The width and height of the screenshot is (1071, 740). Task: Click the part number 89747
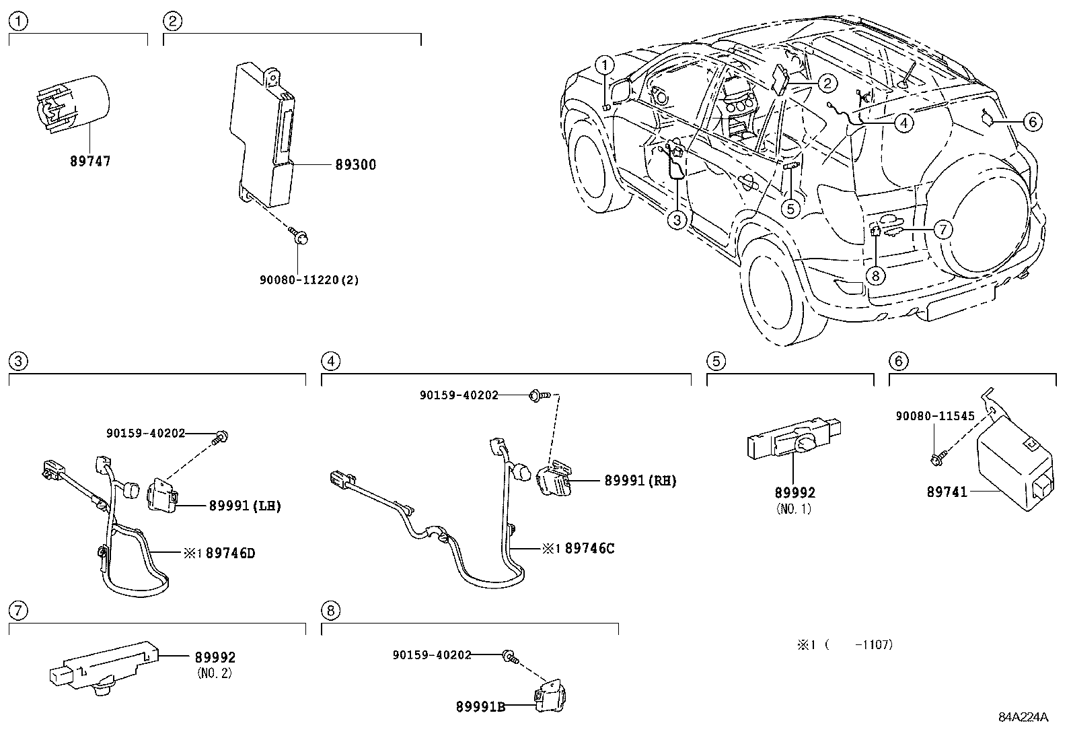89,162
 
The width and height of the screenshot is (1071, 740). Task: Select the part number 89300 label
355,165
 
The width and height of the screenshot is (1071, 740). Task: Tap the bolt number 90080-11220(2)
309,280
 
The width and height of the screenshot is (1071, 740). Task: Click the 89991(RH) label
640,481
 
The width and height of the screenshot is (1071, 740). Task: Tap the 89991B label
480,706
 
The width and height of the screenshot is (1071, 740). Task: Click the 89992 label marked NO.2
215,658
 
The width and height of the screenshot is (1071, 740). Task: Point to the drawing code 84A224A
1023,717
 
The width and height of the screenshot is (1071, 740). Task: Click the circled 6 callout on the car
1032,122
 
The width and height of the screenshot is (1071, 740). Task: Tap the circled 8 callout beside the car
875,275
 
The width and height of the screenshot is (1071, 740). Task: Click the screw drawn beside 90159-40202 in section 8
509,657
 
